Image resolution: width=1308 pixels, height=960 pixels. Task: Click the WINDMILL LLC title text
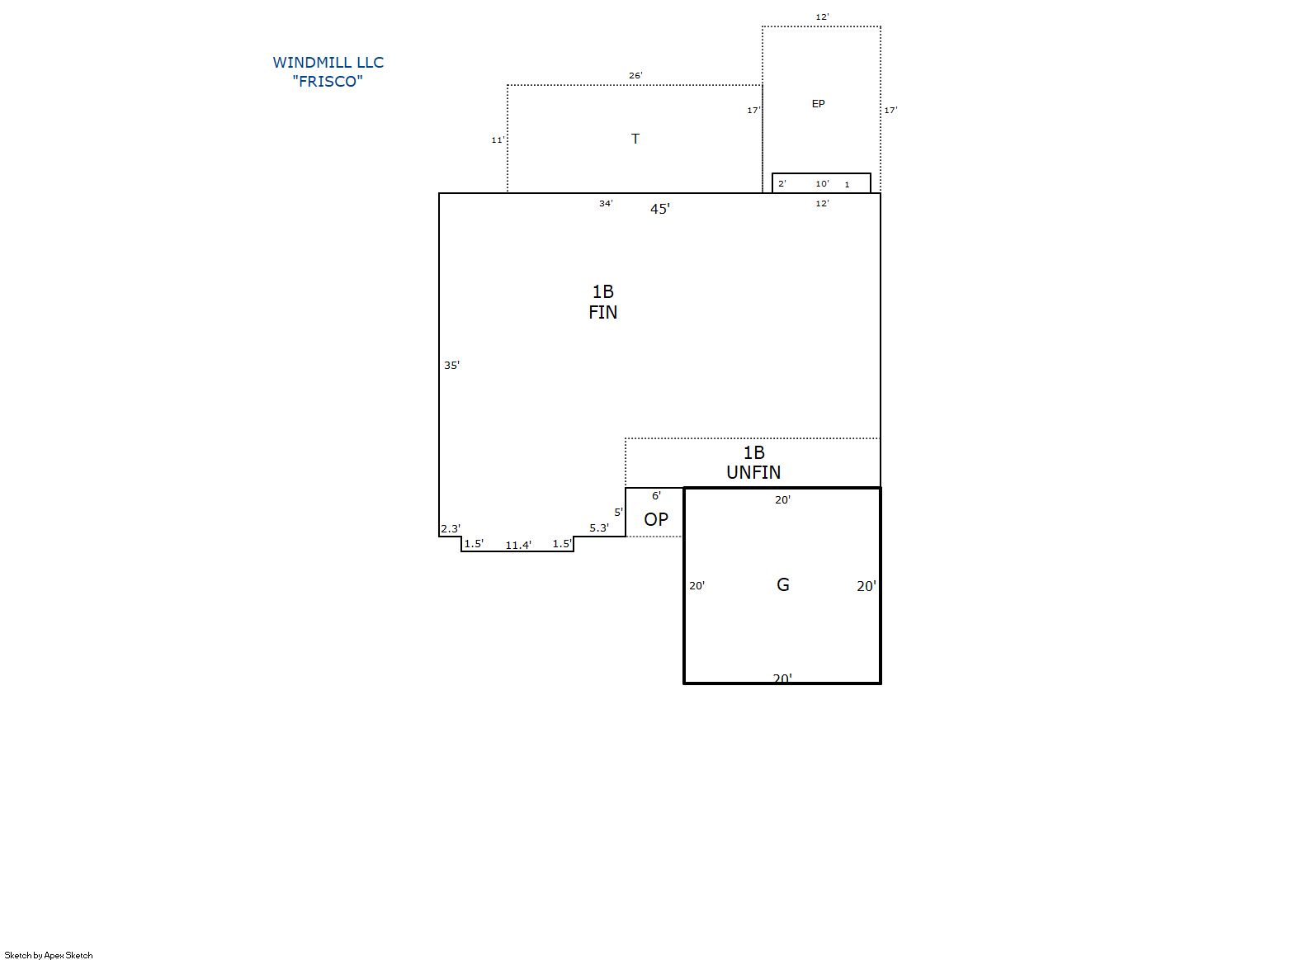tap(328, 63)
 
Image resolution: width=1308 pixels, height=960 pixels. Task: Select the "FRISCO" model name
tap(328, 81)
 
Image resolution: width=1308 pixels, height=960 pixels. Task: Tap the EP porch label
tap(818, 103)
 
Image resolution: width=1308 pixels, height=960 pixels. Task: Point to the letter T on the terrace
tap(635, 139)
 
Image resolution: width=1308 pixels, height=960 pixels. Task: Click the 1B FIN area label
tap(602, 302)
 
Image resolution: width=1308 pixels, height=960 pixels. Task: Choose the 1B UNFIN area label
tap(753, 462)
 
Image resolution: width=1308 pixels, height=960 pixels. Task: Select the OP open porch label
tap(656, 519)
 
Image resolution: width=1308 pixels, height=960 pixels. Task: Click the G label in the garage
tap(783, 584)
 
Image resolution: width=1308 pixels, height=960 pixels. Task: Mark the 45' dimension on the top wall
tap(660, 209)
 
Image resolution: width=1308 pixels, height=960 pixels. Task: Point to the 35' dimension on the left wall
tap(452, 365)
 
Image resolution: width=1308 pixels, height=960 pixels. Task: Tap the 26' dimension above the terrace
tap(635, 75)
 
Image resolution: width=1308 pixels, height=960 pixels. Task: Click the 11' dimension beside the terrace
tap(498, 140)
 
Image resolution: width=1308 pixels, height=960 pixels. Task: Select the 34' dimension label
tap(606, 203)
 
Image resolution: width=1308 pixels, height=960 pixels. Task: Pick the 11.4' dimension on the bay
tap(518, 545)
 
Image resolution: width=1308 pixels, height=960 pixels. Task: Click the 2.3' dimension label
tap(451, 528)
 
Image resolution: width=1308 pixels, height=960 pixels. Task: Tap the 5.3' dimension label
tap(599, 528)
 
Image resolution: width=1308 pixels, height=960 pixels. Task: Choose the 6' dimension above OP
tap(656, 495)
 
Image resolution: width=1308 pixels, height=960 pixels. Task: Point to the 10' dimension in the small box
tap(822, 183)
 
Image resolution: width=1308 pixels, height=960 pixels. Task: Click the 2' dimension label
tap(782, 183)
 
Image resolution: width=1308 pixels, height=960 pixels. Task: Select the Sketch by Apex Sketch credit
tap(49, 955)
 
